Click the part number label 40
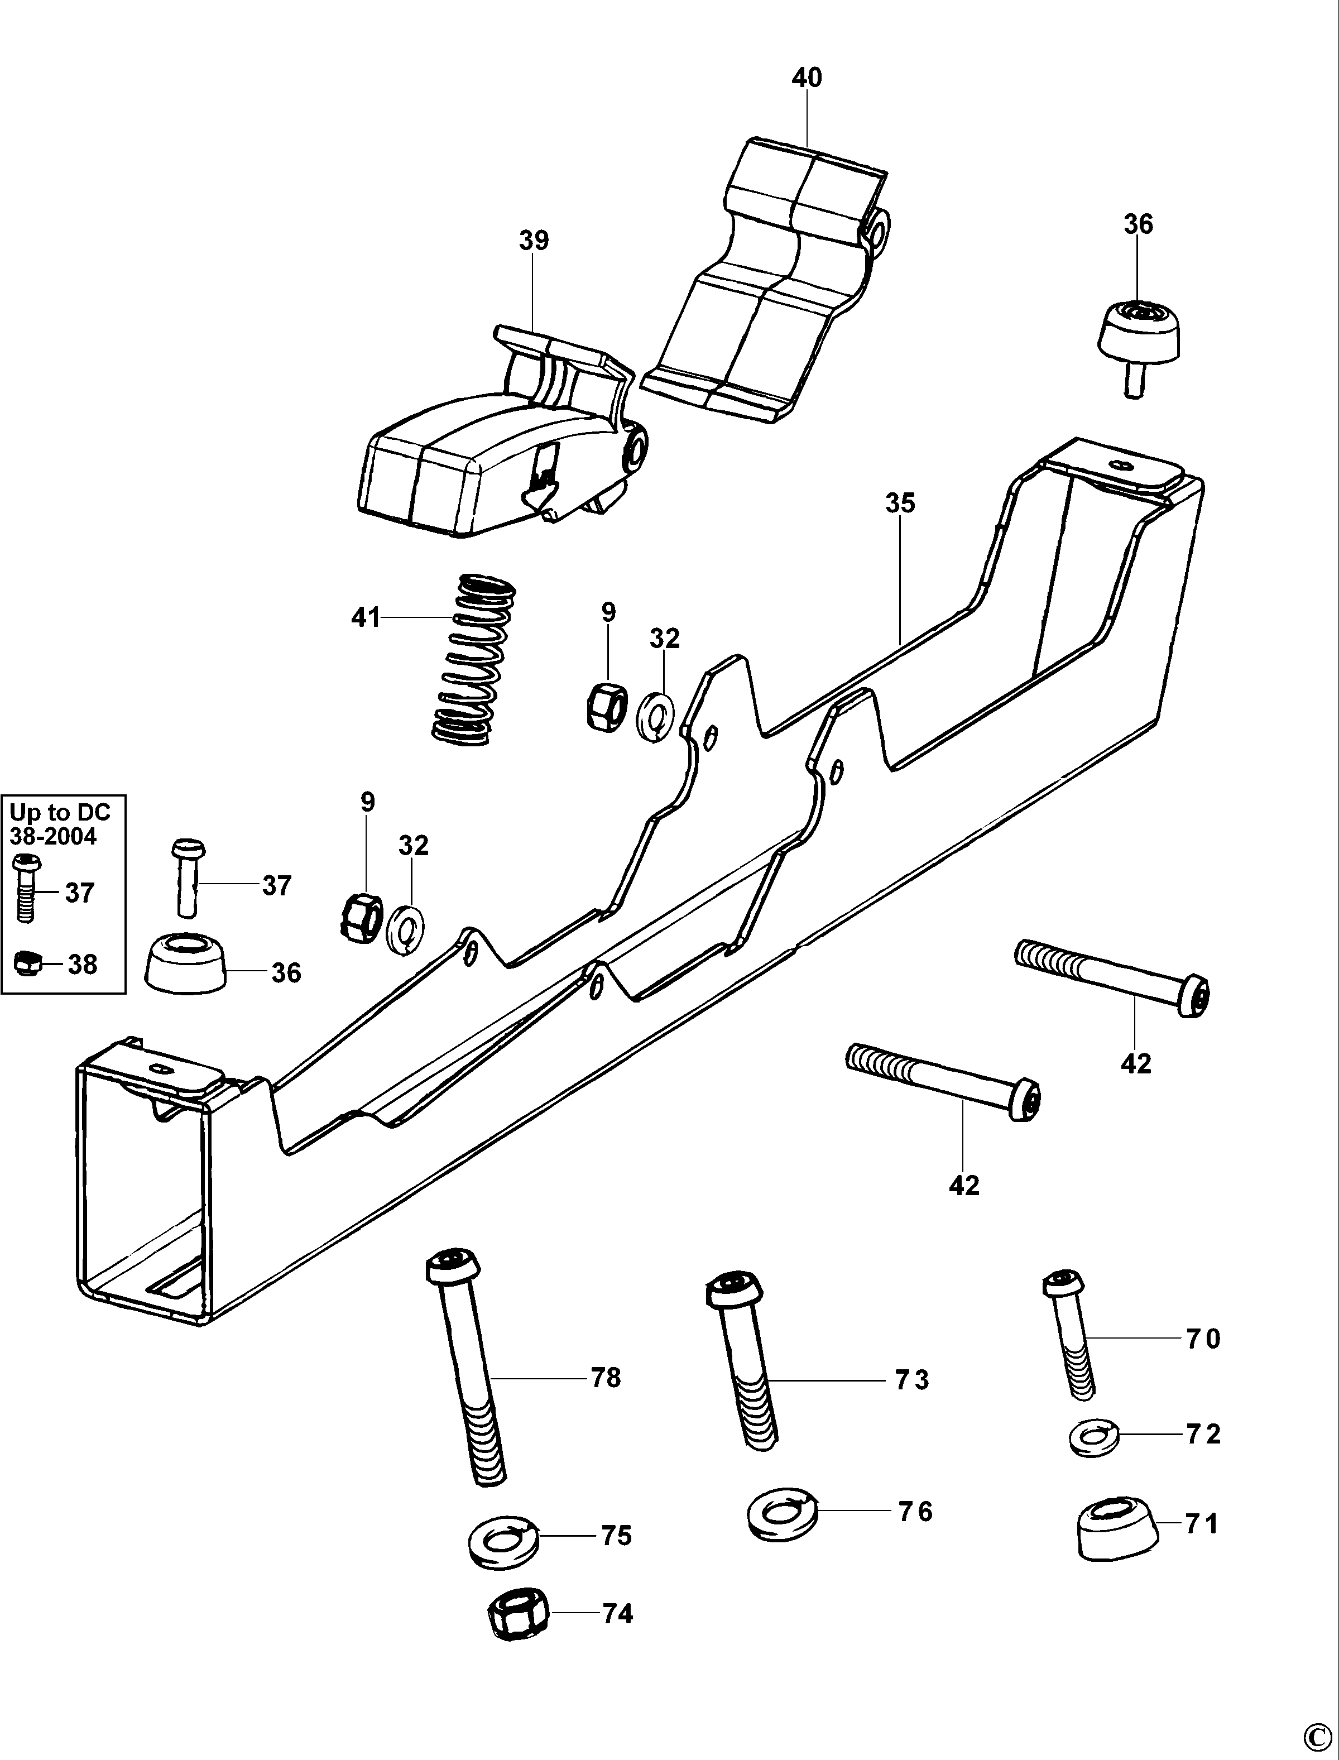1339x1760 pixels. click(x=807, y=78)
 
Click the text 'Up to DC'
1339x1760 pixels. click(x=59, y=812)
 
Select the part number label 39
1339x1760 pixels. click(x=534, y=241)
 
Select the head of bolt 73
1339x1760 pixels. click(x=734, y=1288)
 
